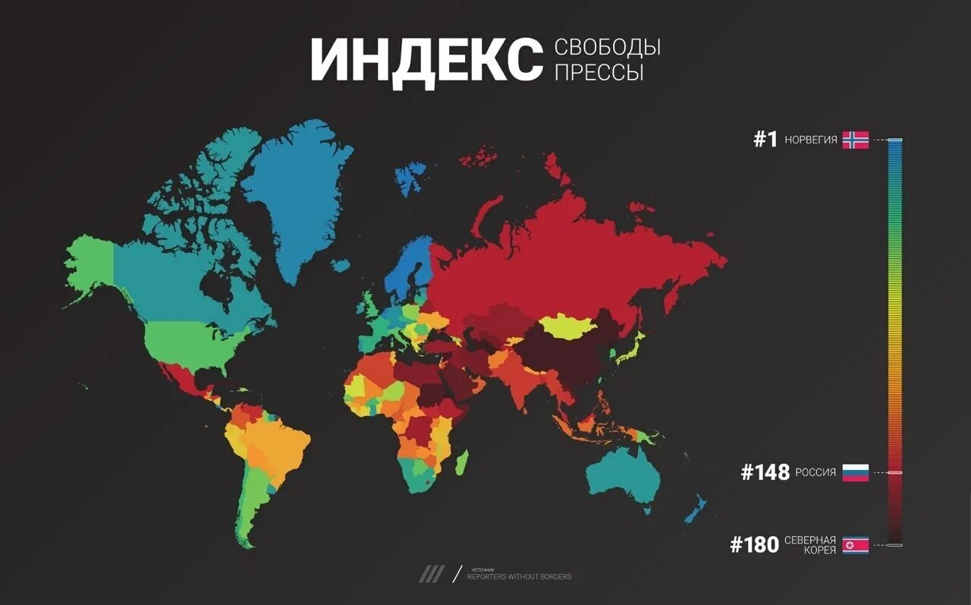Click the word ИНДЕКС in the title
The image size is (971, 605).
[426, 59]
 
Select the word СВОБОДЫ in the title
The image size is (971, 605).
[608, 47]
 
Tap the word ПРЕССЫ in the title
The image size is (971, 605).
[599, 73]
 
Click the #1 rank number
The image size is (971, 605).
[765, 140]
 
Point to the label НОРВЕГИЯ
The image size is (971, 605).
[811, 140]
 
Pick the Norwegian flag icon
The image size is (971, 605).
[855, 140]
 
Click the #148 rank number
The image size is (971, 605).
[764, 473]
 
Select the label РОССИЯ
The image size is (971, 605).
[815, 473]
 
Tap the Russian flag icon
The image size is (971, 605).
[855, 473]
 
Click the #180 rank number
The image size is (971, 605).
[754, 544]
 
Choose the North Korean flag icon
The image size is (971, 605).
[855, 545]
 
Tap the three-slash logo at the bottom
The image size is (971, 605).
[431, 575]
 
